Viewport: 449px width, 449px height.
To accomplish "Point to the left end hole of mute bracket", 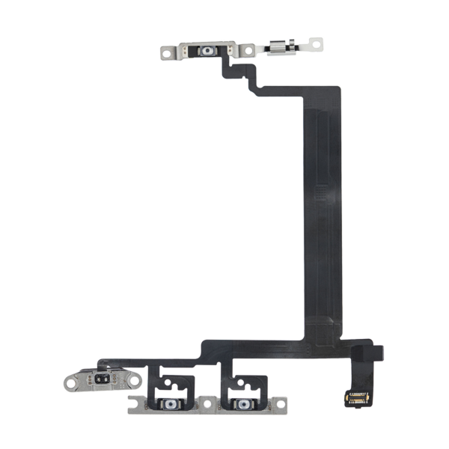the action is [73, 379].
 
